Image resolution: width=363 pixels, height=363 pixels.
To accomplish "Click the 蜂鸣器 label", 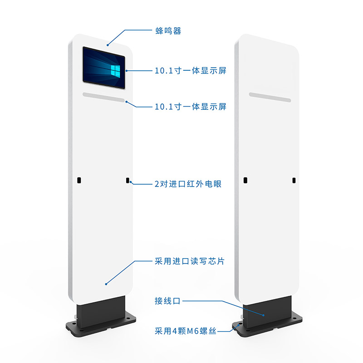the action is (168, 31).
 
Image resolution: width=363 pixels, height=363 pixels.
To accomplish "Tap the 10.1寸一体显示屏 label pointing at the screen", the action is (190, 71).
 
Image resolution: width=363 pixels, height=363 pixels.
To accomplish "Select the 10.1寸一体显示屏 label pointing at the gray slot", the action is (190, 107).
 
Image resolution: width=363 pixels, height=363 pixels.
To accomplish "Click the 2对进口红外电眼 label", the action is (188, 184).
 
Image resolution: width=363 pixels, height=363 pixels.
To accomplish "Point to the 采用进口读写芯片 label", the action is (190, 261).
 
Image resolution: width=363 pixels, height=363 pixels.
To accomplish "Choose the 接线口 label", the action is (167, 301).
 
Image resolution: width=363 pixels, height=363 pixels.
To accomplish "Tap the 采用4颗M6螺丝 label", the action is (186, 331).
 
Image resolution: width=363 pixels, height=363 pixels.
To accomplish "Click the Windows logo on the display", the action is (115, 70).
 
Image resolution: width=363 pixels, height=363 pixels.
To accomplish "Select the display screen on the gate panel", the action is (104, 68).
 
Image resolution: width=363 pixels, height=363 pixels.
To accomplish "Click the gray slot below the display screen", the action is (104, 97).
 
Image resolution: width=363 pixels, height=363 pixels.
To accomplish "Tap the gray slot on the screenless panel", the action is (270, 97).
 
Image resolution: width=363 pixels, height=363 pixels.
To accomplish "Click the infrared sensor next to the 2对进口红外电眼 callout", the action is (128, 180).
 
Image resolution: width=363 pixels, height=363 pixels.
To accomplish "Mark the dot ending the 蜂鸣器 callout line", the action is (108, 45).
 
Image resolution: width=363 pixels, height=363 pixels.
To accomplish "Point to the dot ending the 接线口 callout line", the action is (264, 315).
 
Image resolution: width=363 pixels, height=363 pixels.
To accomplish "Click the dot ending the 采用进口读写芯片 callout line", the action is (106, 284).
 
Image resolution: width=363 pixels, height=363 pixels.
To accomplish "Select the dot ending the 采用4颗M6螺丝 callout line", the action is (239, 325).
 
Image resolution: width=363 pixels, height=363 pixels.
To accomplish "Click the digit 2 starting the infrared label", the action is (157, 184).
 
